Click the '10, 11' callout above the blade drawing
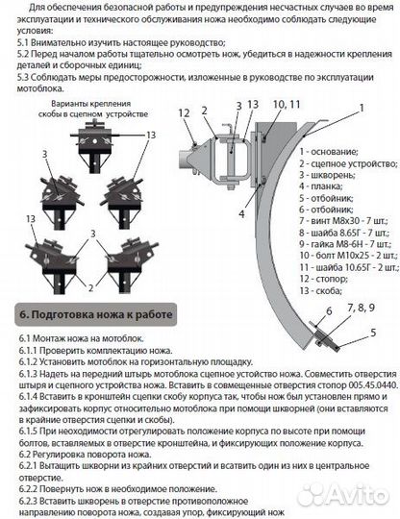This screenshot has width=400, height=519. click(x=286, y=103)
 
